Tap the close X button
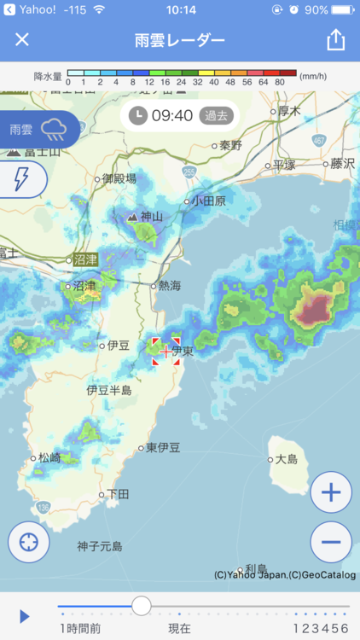[x=22, y=40]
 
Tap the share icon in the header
[x=336, y=40]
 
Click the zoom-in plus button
[x=331, y=492]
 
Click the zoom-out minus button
[x=331, y=542]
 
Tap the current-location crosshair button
[x=29, y=542]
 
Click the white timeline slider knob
[x=142, y=606]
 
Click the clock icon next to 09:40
[x=138, y=115]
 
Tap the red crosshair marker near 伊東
[x=165, y=351]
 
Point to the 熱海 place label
[x=168, y=287]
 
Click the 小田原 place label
[x=208, y=201]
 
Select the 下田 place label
[x=117, y=494]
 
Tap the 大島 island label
[x=287, y=460]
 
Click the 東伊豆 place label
[x=162, y=447]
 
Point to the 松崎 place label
[x=49, y=457]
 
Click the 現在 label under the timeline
[x=179, y=628]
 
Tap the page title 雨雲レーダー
[x=180, y=40]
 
